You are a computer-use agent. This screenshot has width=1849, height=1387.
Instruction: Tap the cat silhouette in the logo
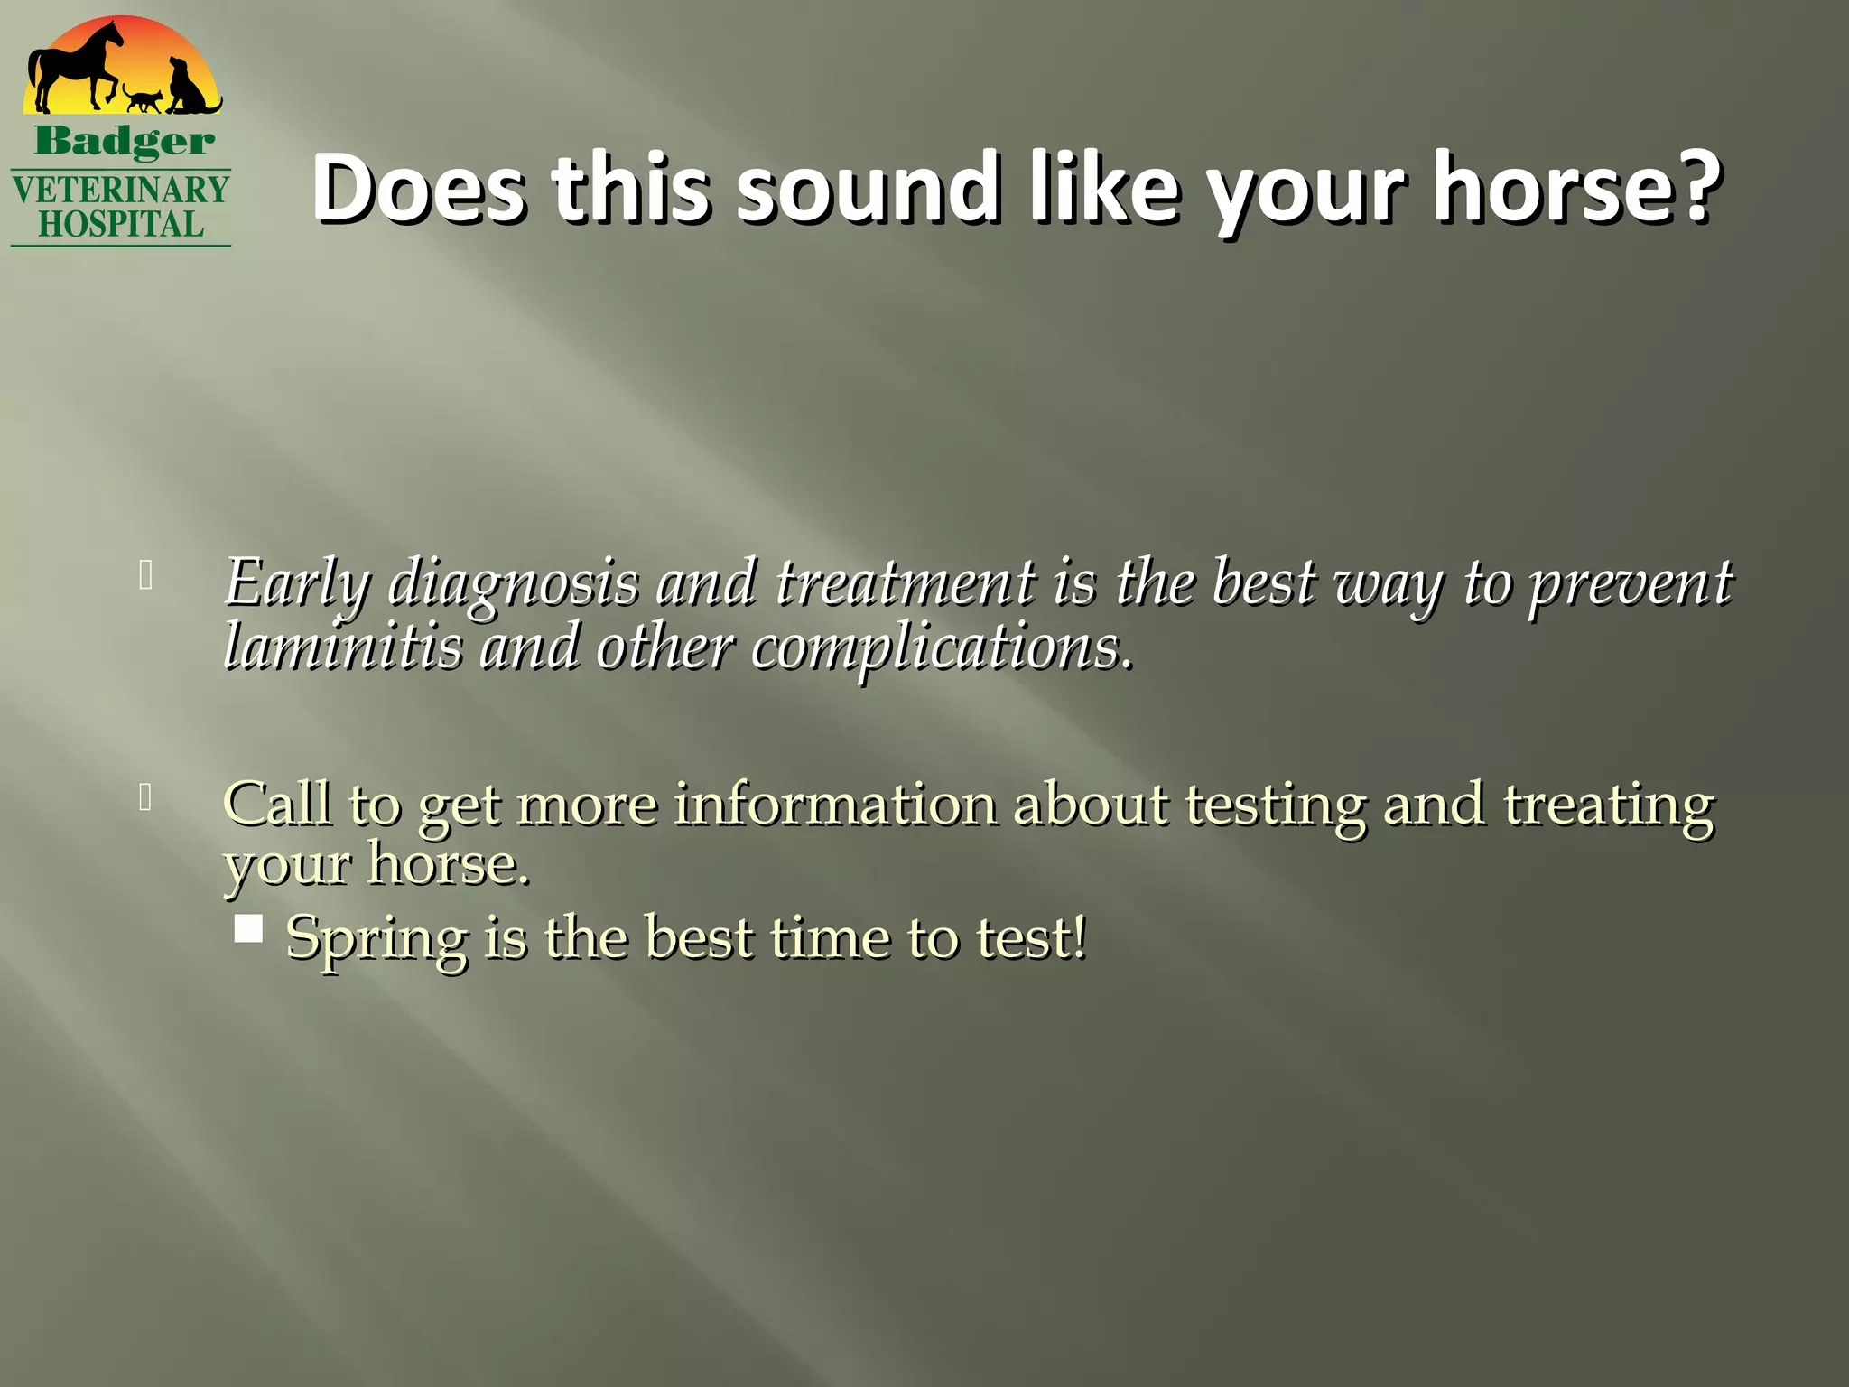(144, 98)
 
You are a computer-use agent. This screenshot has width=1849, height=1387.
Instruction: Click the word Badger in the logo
(125, 142)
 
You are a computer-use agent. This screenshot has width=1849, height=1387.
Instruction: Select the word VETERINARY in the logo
(121, 191)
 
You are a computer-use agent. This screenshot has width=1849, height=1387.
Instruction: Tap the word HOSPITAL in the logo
(121, 225)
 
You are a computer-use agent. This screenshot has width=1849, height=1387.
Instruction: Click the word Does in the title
(418, 188)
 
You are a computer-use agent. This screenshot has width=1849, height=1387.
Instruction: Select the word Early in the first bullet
(297, 584)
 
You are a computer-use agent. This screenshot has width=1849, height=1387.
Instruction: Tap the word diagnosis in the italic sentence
(513, 584)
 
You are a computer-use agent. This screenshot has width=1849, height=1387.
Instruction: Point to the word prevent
(1630, 584)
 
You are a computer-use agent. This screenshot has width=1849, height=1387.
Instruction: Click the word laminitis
(342, 647)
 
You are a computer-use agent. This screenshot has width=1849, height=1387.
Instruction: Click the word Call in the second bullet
(276, 803)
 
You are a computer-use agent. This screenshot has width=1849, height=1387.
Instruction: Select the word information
(835, 803)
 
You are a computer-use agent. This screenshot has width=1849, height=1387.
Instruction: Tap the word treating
(1608, 805)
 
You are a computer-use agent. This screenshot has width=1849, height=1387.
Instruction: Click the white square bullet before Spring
(248, 929)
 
